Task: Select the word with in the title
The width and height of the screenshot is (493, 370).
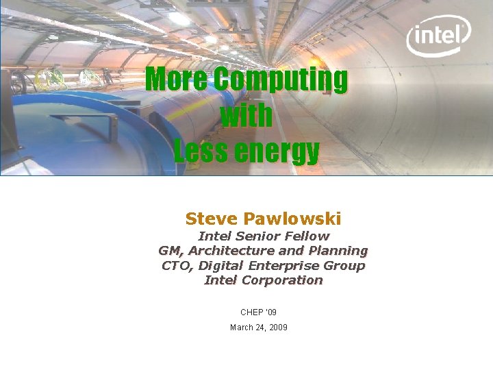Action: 246,116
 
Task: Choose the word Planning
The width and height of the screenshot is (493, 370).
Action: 338,251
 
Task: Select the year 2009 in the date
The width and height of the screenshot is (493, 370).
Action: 278,328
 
